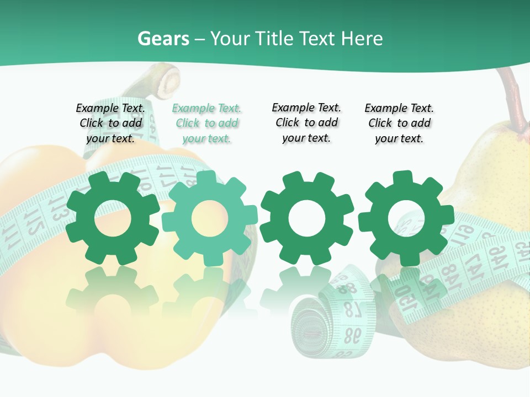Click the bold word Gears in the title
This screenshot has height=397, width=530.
click(x=163, y=39)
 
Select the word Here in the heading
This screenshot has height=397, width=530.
click(x=362, y=39)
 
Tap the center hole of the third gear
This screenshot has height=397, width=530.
click(x=307, y=218)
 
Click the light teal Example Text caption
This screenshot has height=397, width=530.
click(x=207, y=124)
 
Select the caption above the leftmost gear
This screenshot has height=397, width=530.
click(x=110, y=124)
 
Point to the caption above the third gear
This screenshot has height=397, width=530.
click(x=306, y=123)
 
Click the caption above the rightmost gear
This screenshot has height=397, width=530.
click(x=399, y=124)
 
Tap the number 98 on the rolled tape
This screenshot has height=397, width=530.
click(x=352, y=334)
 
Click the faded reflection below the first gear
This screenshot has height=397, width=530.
click(x=112, y=292)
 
